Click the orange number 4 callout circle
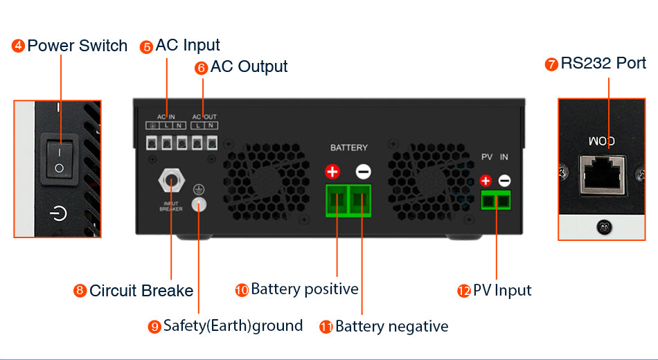(19, 46)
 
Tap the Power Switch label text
(78, 46)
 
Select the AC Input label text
(188, 46)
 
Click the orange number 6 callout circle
(202, 68)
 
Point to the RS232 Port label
(603, 64)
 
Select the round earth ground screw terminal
(199, 204)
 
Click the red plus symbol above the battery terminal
(332, 172)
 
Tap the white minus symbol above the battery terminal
(363, 172)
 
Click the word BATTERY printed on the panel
(349, 148)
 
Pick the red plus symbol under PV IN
(486, 181)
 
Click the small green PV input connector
(495, 201)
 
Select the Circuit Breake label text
(141, 291)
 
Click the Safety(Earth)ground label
(233, 325)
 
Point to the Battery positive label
(305, 289)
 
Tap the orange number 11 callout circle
(326, 327)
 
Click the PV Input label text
(502, 290)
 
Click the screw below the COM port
(603, 225)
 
